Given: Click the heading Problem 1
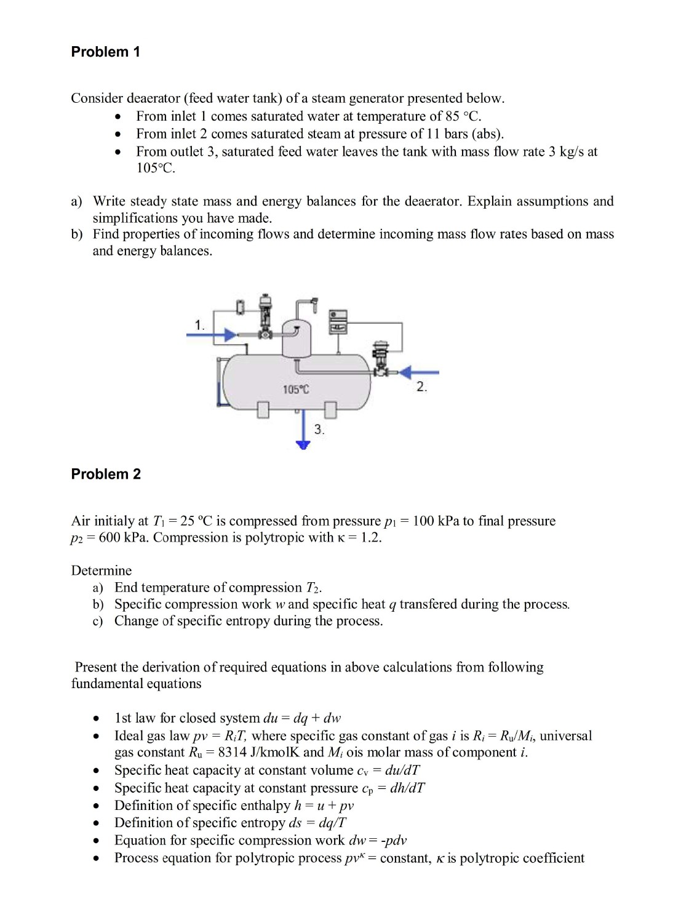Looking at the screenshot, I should pos(105,52).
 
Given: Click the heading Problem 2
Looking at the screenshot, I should pos(106,474).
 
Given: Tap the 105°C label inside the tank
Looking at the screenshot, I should pos(296,389).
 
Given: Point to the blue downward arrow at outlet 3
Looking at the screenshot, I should pos(301,442).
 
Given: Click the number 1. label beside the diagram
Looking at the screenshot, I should pos(199,324).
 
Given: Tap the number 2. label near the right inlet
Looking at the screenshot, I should pos(421,386).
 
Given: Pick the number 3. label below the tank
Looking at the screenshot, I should pos(319,430).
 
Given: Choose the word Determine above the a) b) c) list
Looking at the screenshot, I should pos(102,571).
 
